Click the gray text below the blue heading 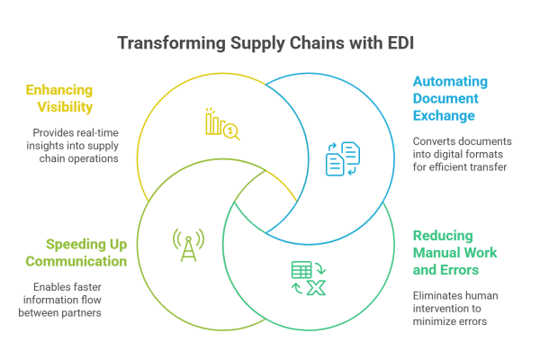(x=453, y=175)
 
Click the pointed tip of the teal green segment (x=236, y=205)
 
